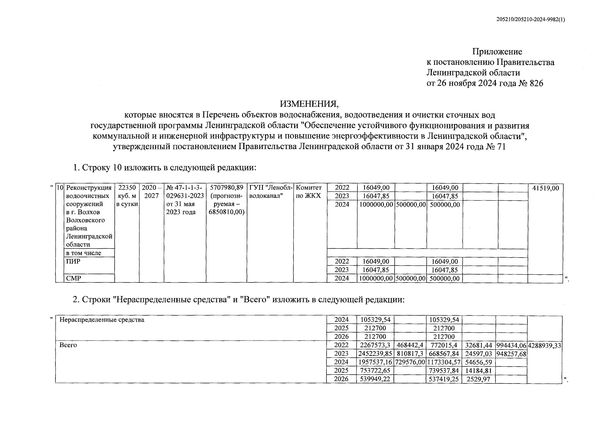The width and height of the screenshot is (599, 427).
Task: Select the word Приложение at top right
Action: click(497, 52)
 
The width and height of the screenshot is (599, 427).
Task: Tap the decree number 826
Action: click(536, 84)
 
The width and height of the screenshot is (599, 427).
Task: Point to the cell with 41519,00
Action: click(546, 188)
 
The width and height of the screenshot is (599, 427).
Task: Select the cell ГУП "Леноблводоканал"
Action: click(270, 192)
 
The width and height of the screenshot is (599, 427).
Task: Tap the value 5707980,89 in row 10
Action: click(227, 188)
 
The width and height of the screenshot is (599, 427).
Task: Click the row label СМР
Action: click(74, 278)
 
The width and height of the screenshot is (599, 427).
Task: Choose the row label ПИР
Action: click(73, 262)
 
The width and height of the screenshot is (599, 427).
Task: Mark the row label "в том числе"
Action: click(84, 253)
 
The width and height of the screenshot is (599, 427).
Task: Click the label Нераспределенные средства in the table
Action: click(102, 320)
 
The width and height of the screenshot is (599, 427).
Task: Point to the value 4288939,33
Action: click(545, 345)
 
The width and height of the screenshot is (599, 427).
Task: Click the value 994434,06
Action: click(511, 345)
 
